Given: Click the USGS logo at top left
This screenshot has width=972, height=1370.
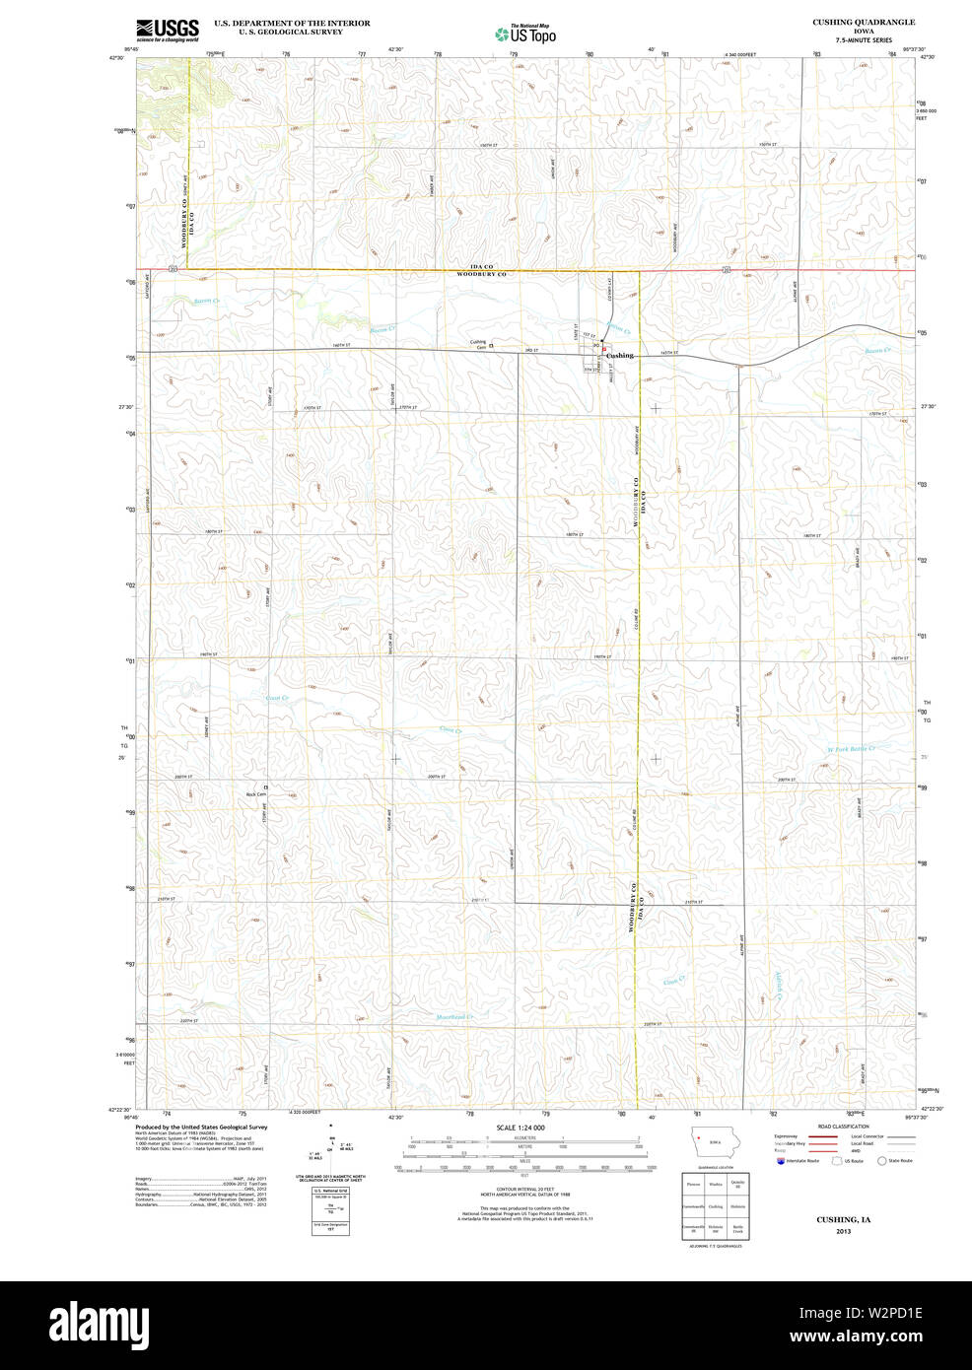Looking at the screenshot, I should pos(168,29).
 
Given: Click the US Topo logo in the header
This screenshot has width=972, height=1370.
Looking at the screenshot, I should pos(525,34).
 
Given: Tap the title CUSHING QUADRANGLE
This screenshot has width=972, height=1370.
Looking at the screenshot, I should pos(863,22).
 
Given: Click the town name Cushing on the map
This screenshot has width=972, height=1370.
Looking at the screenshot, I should pos(620,355).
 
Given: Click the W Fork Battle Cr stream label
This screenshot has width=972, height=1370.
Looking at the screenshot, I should pos(851,748).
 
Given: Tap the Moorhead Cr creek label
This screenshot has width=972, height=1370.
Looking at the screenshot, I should pos(454,1017).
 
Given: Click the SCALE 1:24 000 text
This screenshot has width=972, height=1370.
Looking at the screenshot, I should pos(521,1128).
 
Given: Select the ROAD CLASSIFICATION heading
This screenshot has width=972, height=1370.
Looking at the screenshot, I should pos(843,1127).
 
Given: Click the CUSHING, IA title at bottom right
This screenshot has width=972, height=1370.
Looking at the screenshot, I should pos(843,1219).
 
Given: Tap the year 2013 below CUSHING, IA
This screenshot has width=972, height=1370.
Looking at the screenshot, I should pos(843,1231).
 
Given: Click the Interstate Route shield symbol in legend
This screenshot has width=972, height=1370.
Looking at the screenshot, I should pos(780,1161).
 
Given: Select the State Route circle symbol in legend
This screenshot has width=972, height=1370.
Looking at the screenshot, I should pos(881,1161).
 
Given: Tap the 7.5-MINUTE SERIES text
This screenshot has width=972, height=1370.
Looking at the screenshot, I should pos(863,40).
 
